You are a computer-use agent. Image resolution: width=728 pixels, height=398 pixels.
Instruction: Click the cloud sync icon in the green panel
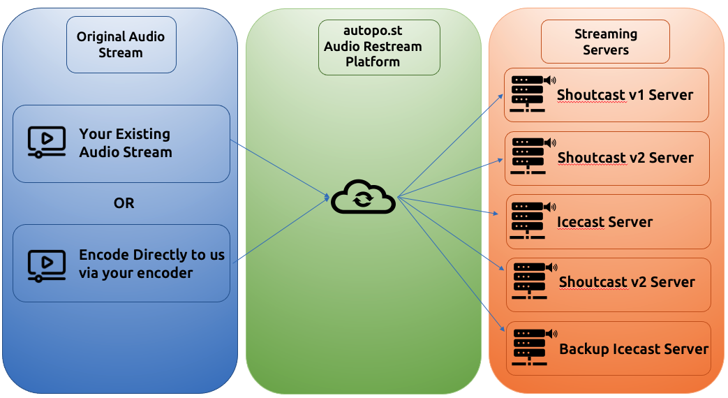(x=363, y=198)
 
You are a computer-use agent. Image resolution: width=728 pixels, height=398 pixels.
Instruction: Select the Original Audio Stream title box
(x=121, y=45)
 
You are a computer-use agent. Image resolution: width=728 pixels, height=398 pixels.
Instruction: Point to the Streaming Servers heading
(x=605, y=42)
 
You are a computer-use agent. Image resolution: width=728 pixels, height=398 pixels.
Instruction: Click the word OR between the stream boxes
(x=124, y=203)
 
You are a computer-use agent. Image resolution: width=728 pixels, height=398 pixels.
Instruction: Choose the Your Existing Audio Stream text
(x=126, y=142)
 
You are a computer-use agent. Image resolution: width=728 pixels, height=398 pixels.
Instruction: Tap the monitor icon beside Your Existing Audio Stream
(x=46, y=142)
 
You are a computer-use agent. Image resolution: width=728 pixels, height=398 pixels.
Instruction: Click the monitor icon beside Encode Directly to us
(x=46, y=264)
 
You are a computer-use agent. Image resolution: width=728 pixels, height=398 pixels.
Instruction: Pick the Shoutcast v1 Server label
(x=625, y=94)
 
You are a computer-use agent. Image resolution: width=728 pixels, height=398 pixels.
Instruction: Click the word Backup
(x=584, y=349)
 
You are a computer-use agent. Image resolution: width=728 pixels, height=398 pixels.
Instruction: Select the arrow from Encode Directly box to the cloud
(x=279, y=230)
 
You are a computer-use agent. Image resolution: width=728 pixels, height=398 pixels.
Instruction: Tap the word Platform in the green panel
(x=373, y=61)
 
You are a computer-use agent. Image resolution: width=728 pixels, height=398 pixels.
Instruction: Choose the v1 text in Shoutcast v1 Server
(x=636, y=94)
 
